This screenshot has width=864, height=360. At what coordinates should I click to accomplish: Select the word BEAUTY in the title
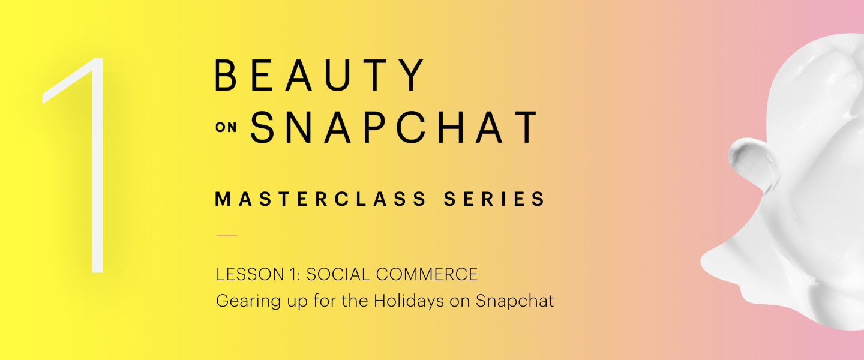click(x=320, y=76)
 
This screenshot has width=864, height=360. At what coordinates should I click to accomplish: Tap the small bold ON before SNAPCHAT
click(x=226, y=128)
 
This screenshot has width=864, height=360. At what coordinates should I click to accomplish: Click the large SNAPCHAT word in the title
click(x=393, y=127)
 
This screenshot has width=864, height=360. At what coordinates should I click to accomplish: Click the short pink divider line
click(x=227, y=235)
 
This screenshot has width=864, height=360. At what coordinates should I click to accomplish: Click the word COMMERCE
click(x=429, y=275)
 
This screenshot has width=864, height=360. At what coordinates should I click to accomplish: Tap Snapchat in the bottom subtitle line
click(x=515, y=301)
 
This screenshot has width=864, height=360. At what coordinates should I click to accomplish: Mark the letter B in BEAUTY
click(x=226, y=76)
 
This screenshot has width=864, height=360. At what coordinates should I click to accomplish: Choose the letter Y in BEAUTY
click(x=413, y=76)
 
